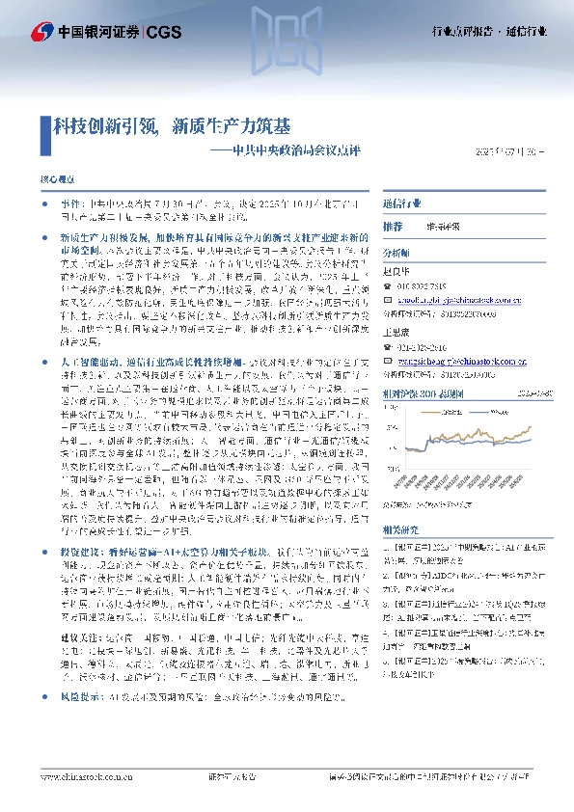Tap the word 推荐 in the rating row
tap(392, 226)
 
